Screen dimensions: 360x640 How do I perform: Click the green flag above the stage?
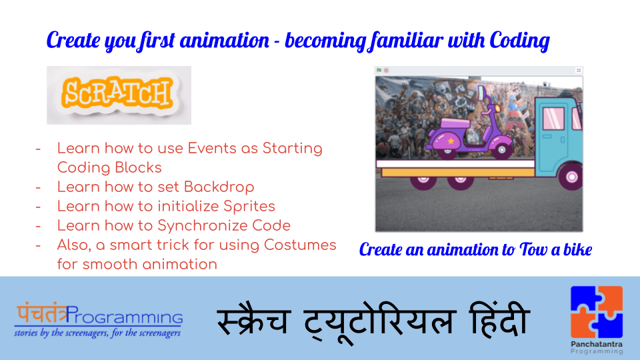(379, 70)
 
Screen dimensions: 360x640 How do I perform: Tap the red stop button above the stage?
(386, 70)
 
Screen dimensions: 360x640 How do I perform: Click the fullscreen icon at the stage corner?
(578, 70)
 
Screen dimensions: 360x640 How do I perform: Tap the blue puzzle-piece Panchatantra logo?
(597, 312)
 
